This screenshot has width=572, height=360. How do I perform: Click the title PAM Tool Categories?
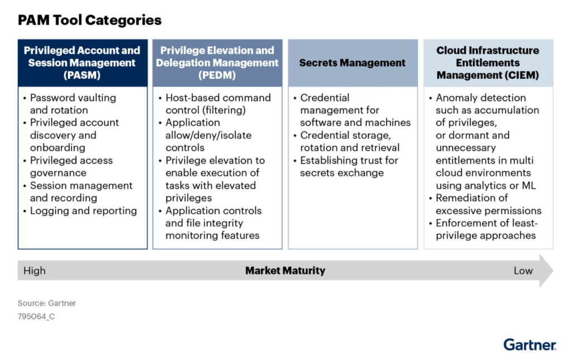click(89, 21)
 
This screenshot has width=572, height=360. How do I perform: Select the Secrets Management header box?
click(352, 63)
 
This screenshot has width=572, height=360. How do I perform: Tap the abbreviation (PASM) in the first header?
click(82, 75)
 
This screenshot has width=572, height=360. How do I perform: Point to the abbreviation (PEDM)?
click(217, 75)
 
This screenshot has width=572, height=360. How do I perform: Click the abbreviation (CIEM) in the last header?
click(488, 75)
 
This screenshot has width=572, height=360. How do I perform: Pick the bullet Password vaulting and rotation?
click(73, 104)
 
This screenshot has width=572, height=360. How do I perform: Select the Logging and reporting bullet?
click(83, 211)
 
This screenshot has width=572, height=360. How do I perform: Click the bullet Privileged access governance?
click(71, 167)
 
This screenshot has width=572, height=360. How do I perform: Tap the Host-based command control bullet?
click(218, 104)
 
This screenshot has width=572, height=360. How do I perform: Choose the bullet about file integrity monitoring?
click(213, 223)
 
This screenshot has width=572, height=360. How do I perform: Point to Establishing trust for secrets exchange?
click(348, 166)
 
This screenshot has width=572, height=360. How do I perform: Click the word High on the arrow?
click(35, 271)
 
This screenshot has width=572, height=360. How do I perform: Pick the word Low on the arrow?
click(523, 271)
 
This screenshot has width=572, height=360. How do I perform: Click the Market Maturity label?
click(285, 271)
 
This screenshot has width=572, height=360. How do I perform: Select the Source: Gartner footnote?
click(47, 303)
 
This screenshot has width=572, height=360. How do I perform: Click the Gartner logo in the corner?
click(530, 344)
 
